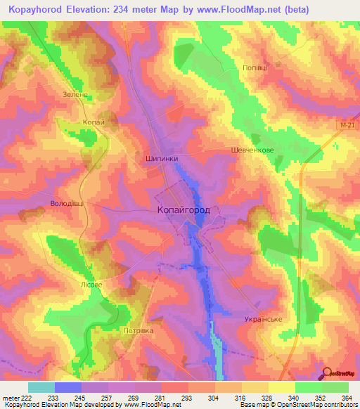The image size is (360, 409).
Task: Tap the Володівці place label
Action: [x=67, y=204]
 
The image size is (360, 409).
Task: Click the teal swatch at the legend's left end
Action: [x=41, y=387]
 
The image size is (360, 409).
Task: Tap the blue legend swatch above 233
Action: [x=68, y=387]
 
